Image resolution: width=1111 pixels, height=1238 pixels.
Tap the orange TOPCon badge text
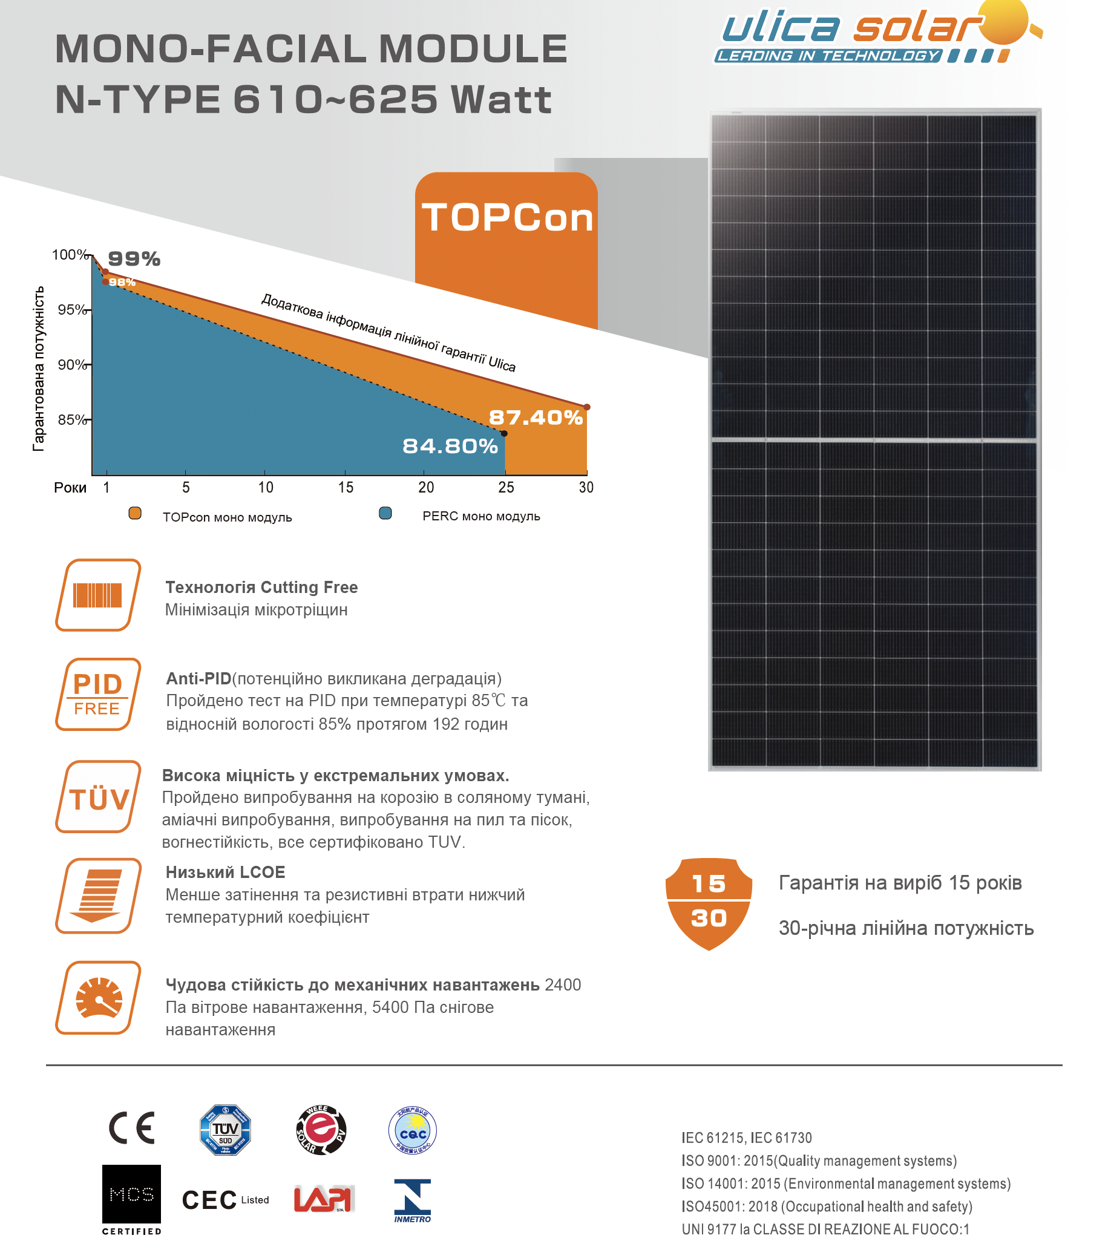506,218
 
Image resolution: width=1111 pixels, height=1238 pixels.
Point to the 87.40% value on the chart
536,418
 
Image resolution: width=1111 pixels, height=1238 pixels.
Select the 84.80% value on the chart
450,446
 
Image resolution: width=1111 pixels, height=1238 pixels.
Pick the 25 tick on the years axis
506,487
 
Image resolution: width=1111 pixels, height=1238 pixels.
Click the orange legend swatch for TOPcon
135,513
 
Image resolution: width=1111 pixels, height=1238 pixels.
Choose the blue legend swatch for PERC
385,513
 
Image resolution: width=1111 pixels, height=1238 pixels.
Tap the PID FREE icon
98,694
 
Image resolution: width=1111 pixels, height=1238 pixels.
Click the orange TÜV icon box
98,797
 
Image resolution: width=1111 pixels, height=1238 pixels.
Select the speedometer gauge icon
98,998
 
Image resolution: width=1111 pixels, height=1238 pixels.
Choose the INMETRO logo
413,1200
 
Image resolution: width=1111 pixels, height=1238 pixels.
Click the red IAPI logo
323,1198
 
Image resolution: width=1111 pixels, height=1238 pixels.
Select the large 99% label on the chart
134,259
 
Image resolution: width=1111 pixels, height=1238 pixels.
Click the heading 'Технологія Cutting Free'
261,588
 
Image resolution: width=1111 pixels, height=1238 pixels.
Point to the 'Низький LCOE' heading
225,873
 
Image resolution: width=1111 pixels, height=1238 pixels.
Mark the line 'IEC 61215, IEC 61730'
747,1138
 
